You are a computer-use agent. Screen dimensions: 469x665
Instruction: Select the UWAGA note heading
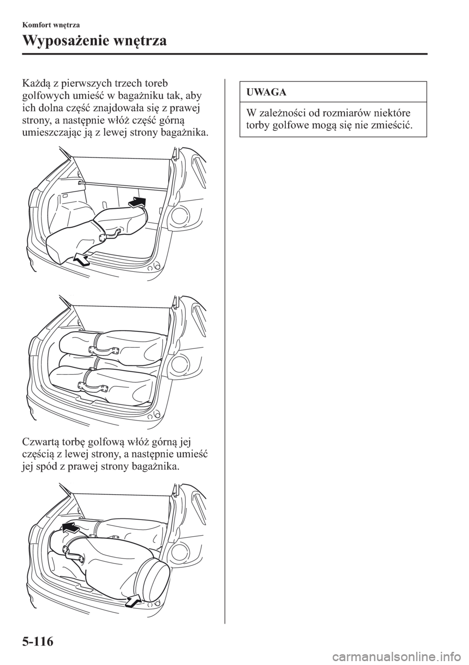[x=266, y=92]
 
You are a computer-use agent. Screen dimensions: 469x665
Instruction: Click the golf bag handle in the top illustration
[x=112, y=233]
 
